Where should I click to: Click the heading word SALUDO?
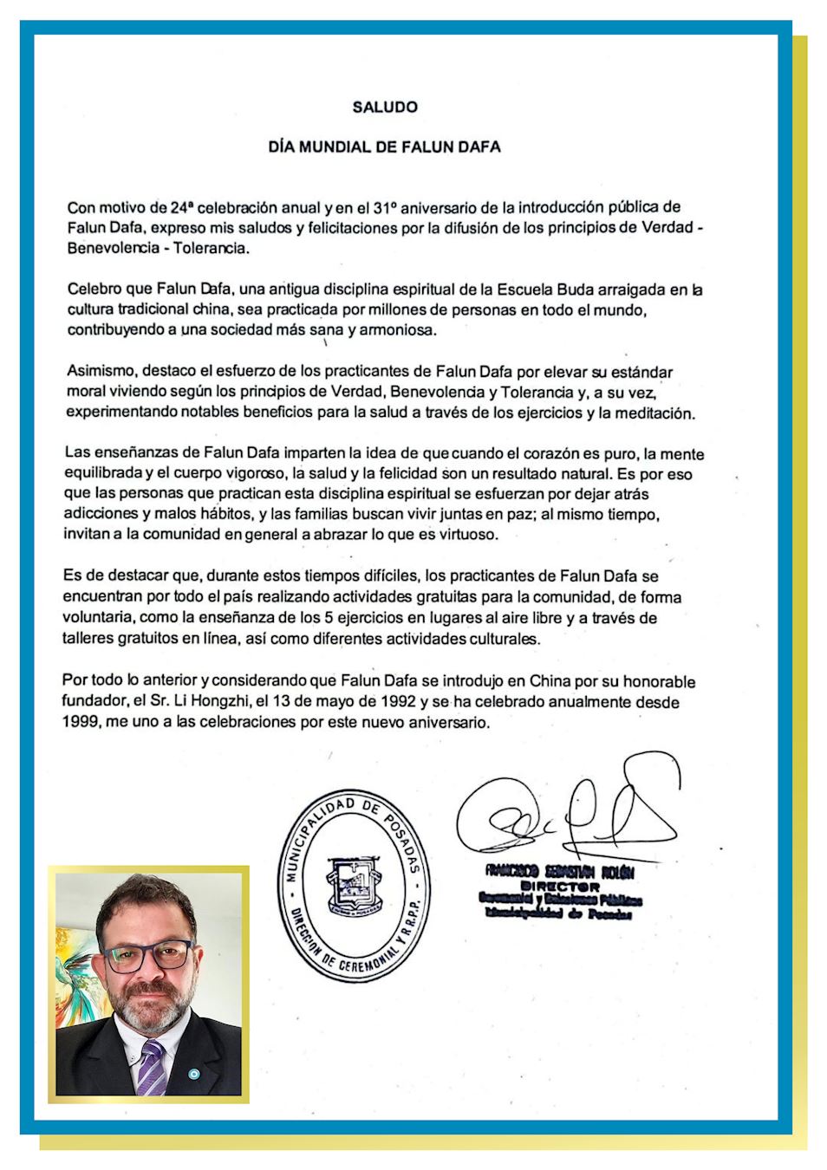(x=385, y=107)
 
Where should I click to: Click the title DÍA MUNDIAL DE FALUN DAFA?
(x=384, y=147)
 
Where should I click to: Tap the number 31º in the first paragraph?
(x=384, y=208)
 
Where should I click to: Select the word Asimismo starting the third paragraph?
(x=101, y=372)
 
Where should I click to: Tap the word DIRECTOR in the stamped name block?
(x=560, y=887)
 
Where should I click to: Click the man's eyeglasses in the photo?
(x=147, y=955)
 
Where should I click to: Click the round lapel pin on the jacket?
(x=193, y=1075)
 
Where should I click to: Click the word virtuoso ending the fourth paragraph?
(x=467, y=535)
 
